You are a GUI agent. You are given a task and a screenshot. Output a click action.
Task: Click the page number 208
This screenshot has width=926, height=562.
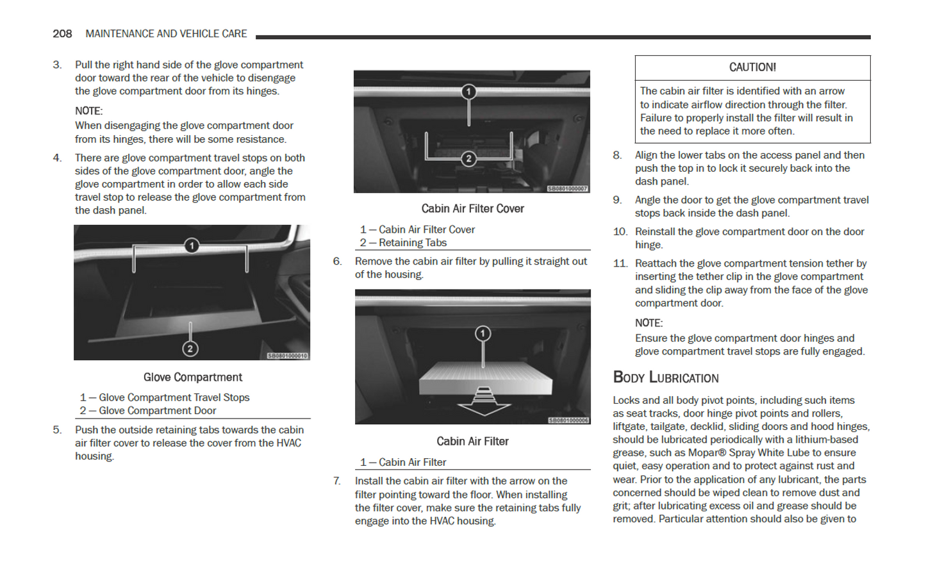point(62,34)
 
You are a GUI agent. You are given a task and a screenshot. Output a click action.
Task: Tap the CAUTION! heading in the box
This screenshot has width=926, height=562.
point(752,67)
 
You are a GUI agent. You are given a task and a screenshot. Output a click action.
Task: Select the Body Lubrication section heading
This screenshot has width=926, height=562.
point(666,377)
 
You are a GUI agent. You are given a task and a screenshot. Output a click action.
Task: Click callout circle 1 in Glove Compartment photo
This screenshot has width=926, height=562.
point(191,245)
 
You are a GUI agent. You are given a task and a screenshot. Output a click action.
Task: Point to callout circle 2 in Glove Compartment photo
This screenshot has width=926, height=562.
point(190,349)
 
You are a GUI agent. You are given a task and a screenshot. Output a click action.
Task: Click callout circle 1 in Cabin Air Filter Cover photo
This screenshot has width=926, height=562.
point(468,92)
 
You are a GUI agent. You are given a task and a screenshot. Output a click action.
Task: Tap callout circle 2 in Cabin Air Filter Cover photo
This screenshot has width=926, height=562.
point(468,158)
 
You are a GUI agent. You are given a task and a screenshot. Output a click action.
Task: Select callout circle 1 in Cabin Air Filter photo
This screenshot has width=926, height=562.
point(483,333)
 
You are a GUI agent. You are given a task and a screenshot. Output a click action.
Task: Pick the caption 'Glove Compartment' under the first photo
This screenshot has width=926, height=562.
point(192,377)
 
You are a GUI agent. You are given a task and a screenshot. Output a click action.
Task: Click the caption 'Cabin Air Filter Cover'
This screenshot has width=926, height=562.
point(472,209)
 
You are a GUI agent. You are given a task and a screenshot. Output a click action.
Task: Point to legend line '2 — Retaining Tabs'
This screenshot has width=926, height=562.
point(403,243)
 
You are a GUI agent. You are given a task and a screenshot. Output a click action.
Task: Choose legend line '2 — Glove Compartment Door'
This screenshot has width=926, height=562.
point(148,411)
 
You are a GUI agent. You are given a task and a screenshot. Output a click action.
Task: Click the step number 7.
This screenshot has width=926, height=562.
point(336,481)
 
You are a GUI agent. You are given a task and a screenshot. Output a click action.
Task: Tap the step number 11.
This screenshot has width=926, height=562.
point(620,263)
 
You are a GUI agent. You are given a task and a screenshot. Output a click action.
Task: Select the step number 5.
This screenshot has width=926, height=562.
point(57,430)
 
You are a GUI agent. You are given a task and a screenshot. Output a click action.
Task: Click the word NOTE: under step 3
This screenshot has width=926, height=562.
point(88,111)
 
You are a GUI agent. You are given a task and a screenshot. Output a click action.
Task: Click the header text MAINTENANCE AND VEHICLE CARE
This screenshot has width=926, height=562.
point(166,34)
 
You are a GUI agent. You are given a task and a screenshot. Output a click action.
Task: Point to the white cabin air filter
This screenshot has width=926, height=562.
point(484,377)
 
